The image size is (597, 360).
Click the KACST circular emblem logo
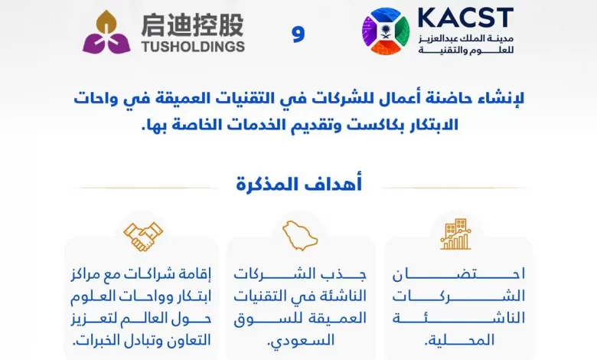tap(386, 31)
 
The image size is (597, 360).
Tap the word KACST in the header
tap(465, 18)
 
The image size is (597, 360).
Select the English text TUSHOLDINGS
tap(193, 47)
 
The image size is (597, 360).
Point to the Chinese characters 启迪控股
tap(192, 25)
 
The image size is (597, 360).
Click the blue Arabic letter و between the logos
tap(298, 34)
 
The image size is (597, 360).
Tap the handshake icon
tap(143, 236)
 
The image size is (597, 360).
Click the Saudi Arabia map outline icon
tap(299, 235)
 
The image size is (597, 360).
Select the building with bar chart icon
tap(455, 234)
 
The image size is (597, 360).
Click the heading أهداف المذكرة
tap(298, 185)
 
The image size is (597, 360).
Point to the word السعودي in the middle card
tap(301, 340)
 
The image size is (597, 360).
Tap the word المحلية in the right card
tap(459, 340)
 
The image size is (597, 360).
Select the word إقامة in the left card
tap(194, 274)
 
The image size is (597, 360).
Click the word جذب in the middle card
tap(347, 274)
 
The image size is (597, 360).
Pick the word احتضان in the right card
tap(458, 274)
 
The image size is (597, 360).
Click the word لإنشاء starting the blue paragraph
tap(503, 98)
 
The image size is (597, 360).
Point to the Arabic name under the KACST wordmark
tap(466, 44)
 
